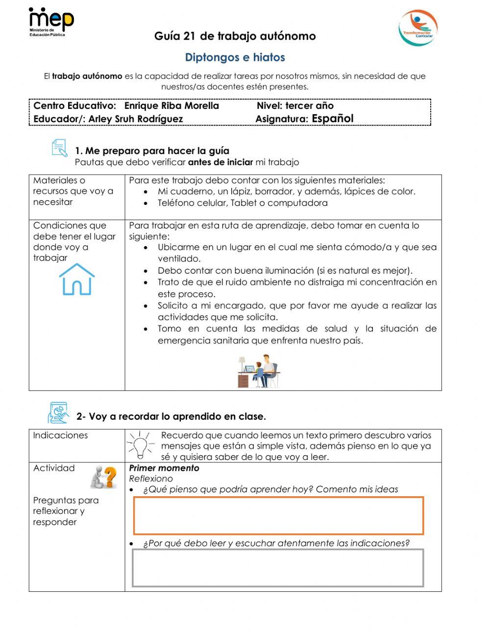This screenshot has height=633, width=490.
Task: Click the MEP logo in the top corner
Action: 51,22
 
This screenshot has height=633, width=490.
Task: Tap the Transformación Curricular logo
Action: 417,28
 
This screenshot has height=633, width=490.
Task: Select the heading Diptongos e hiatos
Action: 235,58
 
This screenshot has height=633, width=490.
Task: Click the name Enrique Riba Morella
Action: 171,106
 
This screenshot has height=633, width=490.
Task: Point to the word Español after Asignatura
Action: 332,119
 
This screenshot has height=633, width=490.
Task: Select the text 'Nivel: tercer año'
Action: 295,106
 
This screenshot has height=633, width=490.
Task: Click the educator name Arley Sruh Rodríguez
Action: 136,119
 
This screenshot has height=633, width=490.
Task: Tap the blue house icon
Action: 76,279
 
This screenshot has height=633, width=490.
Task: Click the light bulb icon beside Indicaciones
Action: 140,444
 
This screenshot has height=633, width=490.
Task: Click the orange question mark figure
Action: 104,477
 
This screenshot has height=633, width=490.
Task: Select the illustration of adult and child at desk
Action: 259,371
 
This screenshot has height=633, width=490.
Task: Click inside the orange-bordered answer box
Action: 278,515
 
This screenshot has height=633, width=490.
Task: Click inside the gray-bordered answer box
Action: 278,568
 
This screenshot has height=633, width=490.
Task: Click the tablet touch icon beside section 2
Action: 58,413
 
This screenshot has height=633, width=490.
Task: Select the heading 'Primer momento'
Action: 164,468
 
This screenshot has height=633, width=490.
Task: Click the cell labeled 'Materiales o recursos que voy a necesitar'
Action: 73,191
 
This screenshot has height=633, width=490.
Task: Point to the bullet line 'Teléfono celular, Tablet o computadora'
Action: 243,203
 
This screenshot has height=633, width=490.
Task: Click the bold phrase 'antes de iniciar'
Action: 220,162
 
